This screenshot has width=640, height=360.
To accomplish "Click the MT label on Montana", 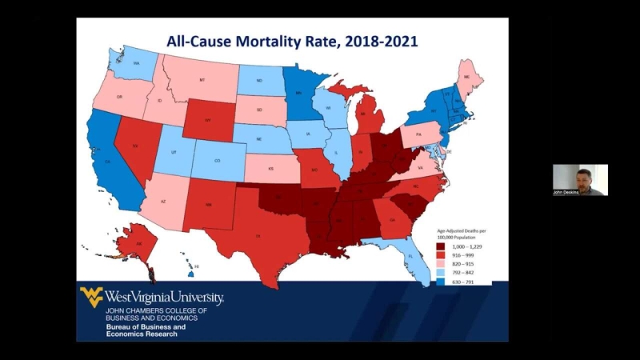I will [202, 81].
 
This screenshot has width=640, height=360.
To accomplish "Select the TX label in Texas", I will [258, 237].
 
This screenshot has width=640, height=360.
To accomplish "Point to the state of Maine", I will [466, 76].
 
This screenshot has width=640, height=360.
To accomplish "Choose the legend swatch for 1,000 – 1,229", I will [441, 247].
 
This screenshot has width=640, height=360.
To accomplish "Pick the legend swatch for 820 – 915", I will [441, 263].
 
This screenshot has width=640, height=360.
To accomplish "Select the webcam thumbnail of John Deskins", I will [580, 179].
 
